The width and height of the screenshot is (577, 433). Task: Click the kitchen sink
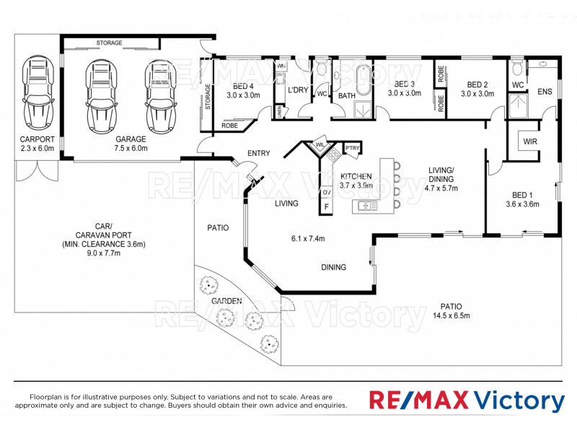pyautogui.click(x=366, y=206)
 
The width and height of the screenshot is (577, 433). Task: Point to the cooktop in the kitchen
pyautogui.click(x=333, y=154)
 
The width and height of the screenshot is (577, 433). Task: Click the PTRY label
pyautogui.click(x=352, y=149)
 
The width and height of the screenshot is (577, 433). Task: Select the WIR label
pyautogui.click(x=530, y=141)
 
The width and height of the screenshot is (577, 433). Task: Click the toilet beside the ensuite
pyautogui.click(x=516, y=70)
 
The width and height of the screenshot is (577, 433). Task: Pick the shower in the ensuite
pyautogui.click(x=518, y=106)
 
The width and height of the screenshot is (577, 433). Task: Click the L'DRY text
pyautogui.click(x=299, y=90)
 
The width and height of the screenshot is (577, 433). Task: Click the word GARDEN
pyautogui.click(x=226, y=301)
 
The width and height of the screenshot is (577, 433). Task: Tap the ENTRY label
pyautogui.click(x=258, y=153)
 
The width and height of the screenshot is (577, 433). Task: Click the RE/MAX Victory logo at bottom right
pyautogui.click(x=467, y=400)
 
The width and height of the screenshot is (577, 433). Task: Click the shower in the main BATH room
pyautogui.click(x=361, y=110)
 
